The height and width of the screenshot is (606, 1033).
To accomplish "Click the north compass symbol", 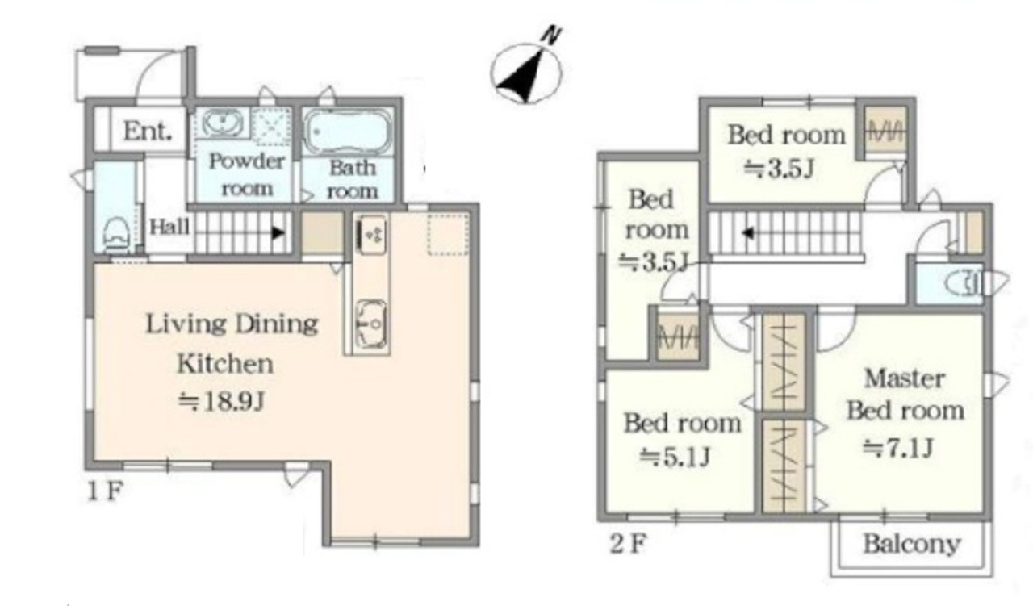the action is pyautogui.click(x=527, y=69).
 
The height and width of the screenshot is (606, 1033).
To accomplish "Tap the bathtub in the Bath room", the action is pyautogui.click(x=348, y=132).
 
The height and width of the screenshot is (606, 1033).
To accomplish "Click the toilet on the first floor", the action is pyautogui.click(x=115, y=235).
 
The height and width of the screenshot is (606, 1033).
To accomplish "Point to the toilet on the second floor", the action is pyautogui.click(x=963, y=283).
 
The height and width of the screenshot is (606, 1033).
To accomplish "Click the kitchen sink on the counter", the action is pyautogui.click(x=372, y=324).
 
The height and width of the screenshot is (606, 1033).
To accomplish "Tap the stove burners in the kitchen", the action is pyautogui.click(x=372, y=235).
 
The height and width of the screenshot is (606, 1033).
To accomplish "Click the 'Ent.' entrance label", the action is pyautogui.click(x=148, y=132).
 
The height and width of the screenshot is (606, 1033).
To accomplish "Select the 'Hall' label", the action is pyautogui.click(x=169, y=227).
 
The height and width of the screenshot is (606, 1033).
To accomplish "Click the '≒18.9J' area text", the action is pyautogui.click(x=221, y=401).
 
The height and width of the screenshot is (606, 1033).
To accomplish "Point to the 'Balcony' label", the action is pyautogui.click(x=912, y=544).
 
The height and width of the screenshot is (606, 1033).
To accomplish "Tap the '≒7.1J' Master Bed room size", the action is pyautogui.click(x=898, y=447).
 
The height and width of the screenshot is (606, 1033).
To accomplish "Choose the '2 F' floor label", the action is pyautogui.click(x=628, y=544).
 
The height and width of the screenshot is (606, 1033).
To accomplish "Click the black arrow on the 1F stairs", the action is pyautogui.click(x=278, y=233).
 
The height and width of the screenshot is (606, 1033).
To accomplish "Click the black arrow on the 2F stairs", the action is pyautogui.click(x=748, y=233).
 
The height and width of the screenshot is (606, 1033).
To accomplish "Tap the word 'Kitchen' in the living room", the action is pyautogui.click(x=225, y=364).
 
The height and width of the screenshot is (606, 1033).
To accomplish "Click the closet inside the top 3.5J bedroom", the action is pyautogui.click(x=885, y=131).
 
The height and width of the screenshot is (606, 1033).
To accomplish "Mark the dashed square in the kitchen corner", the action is pyautogui.click(x=448, y=233).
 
